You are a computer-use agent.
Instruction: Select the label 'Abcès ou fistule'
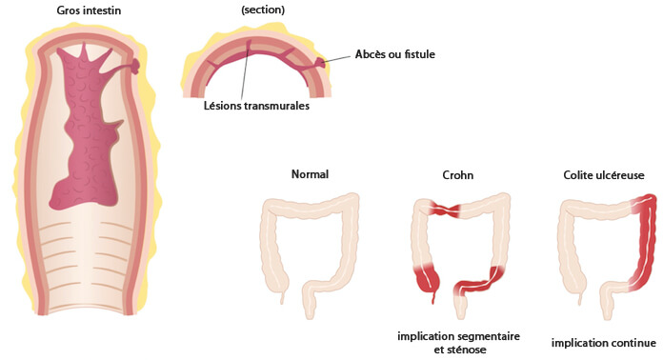pyautogui.click(x=395, y=55)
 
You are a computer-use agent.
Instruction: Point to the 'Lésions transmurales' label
pyautogui.click(x=256, y=106)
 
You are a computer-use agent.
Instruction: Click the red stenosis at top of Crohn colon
pyautogui.click(x=444, y=209)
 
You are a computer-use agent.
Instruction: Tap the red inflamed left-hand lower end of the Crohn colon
pyautogui.click(x=425, y=280)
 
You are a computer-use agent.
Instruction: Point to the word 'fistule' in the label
pyautogui.click(x=418, y=55)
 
